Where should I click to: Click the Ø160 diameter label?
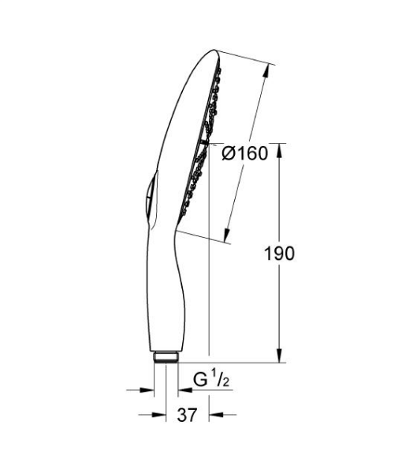(x=245, y=153)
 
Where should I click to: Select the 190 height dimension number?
(x=280, y=254)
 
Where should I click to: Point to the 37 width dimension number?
(x=187, y=413)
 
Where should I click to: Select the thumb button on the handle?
(x=144, y=197)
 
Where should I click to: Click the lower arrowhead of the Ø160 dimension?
(x=227, y=235)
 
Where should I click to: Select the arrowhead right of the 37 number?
(x=215, y=414)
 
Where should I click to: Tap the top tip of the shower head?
(x=214, y=52)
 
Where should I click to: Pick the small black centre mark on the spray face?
(x=204, y=142)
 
